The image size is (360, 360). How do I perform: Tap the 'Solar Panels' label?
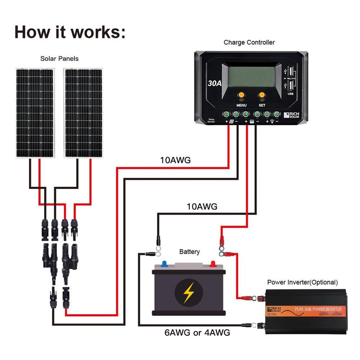click(x=59, y=59)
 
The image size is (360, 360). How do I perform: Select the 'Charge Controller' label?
click(x=249, y=42)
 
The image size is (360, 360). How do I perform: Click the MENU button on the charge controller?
click(x=241, y=95)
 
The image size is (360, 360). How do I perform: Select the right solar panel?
click(x=83, y=113)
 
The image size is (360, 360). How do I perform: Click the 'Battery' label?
click(x=189, y=252)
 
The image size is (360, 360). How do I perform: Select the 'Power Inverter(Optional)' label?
click(x=302, y=282)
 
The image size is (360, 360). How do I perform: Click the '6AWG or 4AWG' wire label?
click(x=198, y=333)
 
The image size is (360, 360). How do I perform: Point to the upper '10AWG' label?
click(x=175, y=160)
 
